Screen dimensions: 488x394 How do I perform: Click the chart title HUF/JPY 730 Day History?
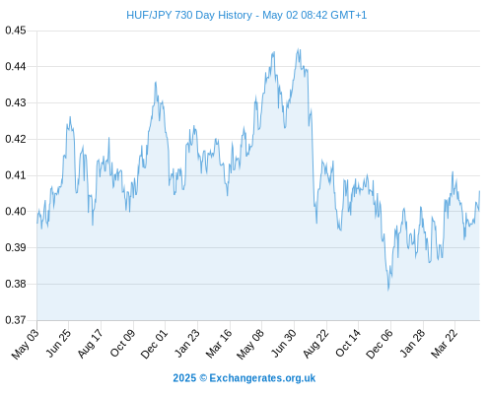point(189,15)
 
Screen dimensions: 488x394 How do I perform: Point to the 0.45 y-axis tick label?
point(16,31)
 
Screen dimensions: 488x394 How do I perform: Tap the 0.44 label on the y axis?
point(16,67)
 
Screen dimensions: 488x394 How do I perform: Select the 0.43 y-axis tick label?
point(16,102)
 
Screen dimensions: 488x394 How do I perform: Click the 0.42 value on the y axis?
point(16,139)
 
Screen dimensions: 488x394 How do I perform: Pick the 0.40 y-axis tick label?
point(16,211)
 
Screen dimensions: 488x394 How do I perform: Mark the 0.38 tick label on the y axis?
point(16,284)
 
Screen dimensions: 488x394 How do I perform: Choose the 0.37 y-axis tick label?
point(16,320)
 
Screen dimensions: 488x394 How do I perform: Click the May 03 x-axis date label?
point(26,344)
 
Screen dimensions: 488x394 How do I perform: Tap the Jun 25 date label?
point(58,343)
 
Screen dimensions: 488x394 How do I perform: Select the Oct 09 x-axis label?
point(122,343)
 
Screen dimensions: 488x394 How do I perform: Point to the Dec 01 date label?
point(154,344)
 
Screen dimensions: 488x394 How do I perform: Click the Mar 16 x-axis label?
point(219,344)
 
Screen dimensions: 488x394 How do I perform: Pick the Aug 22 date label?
point(315,344)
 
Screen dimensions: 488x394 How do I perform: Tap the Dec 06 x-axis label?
point(380,344)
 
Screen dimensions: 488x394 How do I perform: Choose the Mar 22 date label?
point(445,344)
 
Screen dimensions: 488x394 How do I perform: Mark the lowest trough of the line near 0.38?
point(388,291)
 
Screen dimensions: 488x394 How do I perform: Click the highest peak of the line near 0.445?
point(299,49)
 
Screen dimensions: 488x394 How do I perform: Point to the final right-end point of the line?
point(479,191)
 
